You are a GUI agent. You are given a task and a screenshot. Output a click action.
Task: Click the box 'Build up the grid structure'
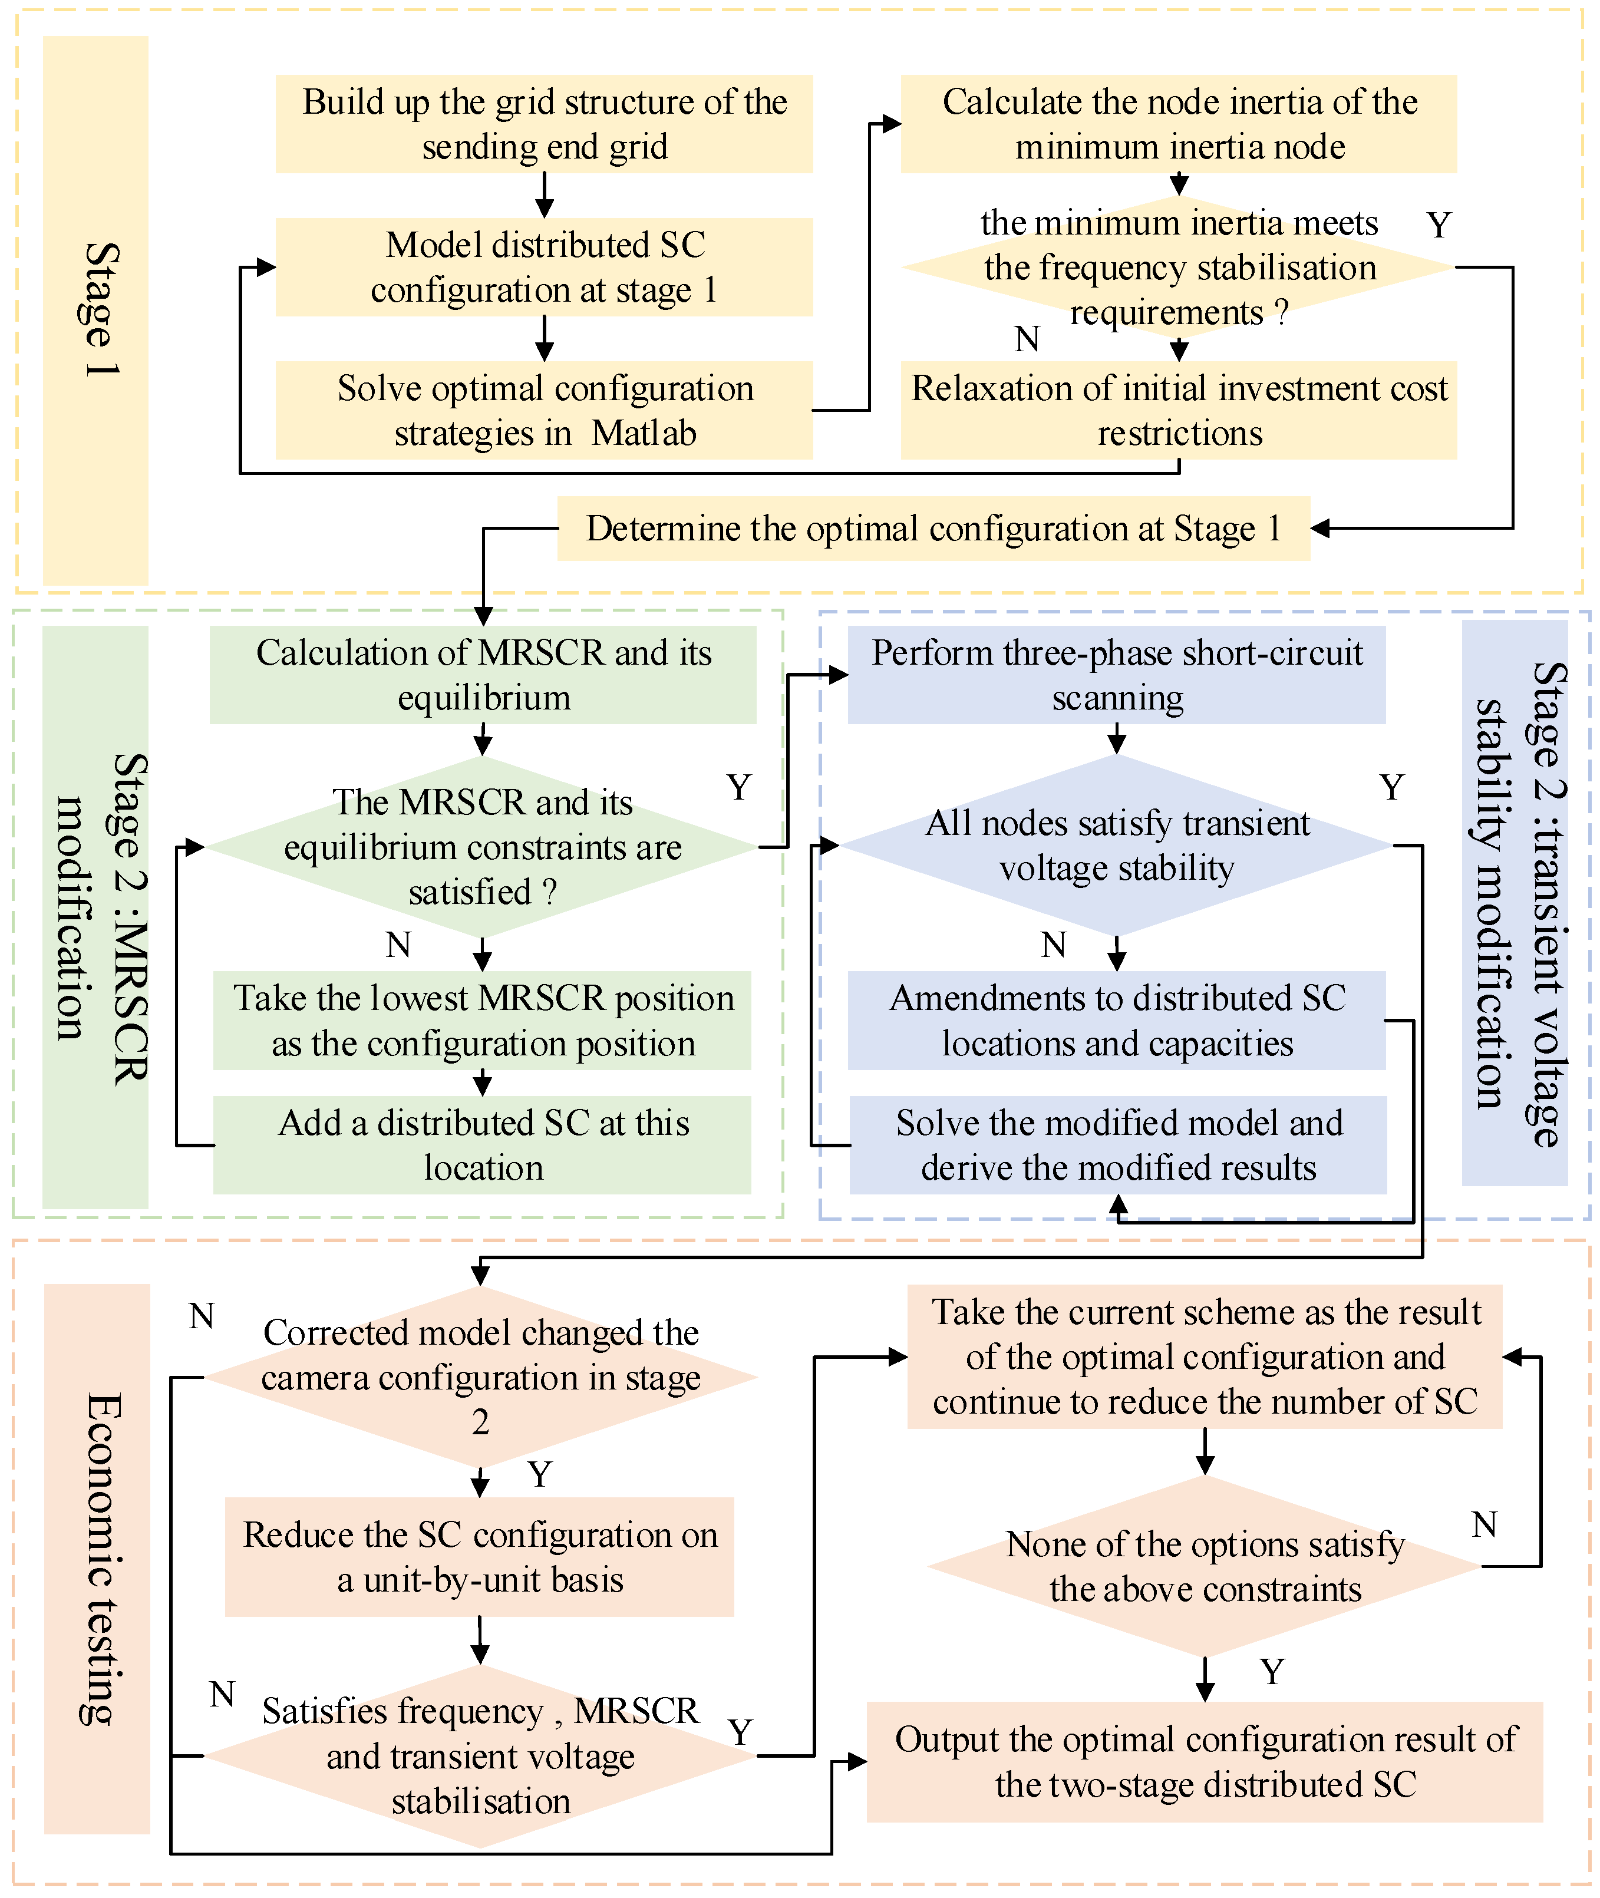pos(544,124)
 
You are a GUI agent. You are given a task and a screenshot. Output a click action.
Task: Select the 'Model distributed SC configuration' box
pos(544,268)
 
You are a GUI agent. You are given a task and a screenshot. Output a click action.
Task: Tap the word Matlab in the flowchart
pos(644,434)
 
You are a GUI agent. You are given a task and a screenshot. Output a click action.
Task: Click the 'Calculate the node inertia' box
pos(1178,124)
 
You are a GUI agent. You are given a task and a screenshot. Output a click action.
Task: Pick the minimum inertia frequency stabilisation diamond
pos(1178,268)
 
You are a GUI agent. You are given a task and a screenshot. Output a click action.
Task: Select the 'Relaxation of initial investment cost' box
pos(1178,410)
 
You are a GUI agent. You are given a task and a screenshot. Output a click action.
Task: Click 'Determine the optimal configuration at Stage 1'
pos(933,529)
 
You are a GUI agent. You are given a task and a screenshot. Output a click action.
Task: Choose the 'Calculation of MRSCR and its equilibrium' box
pos(483,675)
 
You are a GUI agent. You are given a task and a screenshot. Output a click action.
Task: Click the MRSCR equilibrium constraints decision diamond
pos(483,847)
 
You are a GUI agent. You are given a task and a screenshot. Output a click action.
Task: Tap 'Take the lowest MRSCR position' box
pos(483,1020)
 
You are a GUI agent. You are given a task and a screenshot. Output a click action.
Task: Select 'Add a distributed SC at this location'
pos(483,1146)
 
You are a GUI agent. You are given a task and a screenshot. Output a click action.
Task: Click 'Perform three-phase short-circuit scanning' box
pos(1117,675)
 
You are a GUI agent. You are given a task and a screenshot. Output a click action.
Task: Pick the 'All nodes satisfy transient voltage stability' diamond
pos(1117,846)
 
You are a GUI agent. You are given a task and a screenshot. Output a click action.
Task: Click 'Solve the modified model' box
pos(1119,1146)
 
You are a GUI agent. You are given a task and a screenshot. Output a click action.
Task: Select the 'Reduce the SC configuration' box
pos(480,1557)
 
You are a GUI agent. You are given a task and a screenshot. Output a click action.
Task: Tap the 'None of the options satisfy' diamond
pos(1205,1566)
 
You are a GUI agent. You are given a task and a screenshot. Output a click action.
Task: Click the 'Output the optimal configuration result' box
pos(1205,1762)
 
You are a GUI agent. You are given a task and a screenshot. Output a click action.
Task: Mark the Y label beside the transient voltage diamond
pos(1391,787)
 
